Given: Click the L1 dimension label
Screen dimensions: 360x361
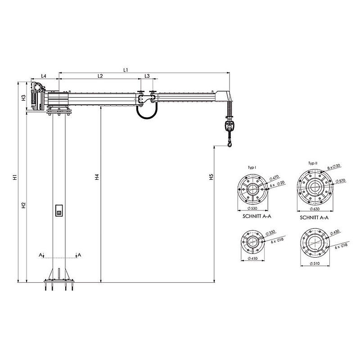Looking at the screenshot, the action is [126, 70].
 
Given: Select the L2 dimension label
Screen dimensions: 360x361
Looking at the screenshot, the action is [100, 76].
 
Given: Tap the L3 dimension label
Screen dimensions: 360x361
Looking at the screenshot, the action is [147, 76].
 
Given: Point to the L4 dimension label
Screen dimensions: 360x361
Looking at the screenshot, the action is [44, 76].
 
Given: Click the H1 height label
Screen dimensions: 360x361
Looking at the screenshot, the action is [15, 177].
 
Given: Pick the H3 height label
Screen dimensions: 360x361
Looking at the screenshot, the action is [24, 98].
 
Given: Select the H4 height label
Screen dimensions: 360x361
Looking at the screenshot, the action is [97, 177].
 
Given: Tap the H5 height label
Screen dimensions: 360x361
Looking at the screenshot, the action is [211, 177].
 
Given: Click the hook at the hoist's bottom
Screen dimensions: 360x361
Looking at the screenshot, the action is [229, 144].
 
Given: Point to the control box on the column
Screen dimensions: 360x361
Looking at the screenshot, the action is [59, 210].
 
